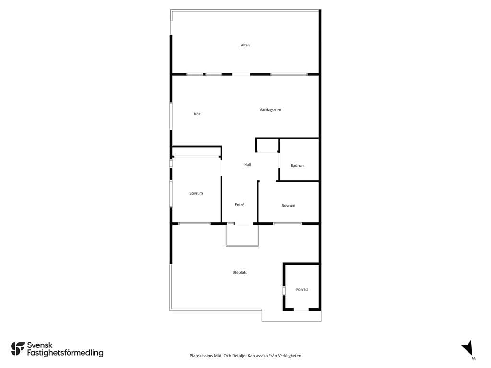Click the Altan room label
click(x=245, y=45)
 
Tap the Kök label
click(x=197, y=114)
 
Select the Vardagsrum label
click(x=270, y=110)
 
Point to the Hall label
click(x=247, y=165)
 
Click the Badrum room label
click(x=297, y=165)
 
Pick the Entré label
click(x=240, y=205)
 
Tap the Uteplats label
click(x=240, y=272)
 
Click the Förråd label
click(x=302, y=289)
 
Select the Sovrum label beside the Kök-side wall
click(x=196, y=193)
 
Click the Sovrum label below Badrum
click(x=288, y=205)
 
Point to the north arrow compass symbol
click(x=468, y=349)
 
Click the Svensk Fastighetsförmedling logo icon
click(x=18, y=349)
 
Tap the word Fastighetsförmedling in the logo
click(x=65, y=353)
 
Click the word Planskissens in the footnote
click(x=201, y=356)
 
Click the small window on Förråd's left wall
click(x=284, y=290)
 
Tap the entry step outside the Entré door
click(x=242, y=235)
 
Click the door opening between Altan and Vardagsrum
click(x=241, y=74)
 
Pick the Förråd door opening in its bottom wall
click(x=301, y=309)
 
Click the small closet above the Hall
click(x=267, y=145)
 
